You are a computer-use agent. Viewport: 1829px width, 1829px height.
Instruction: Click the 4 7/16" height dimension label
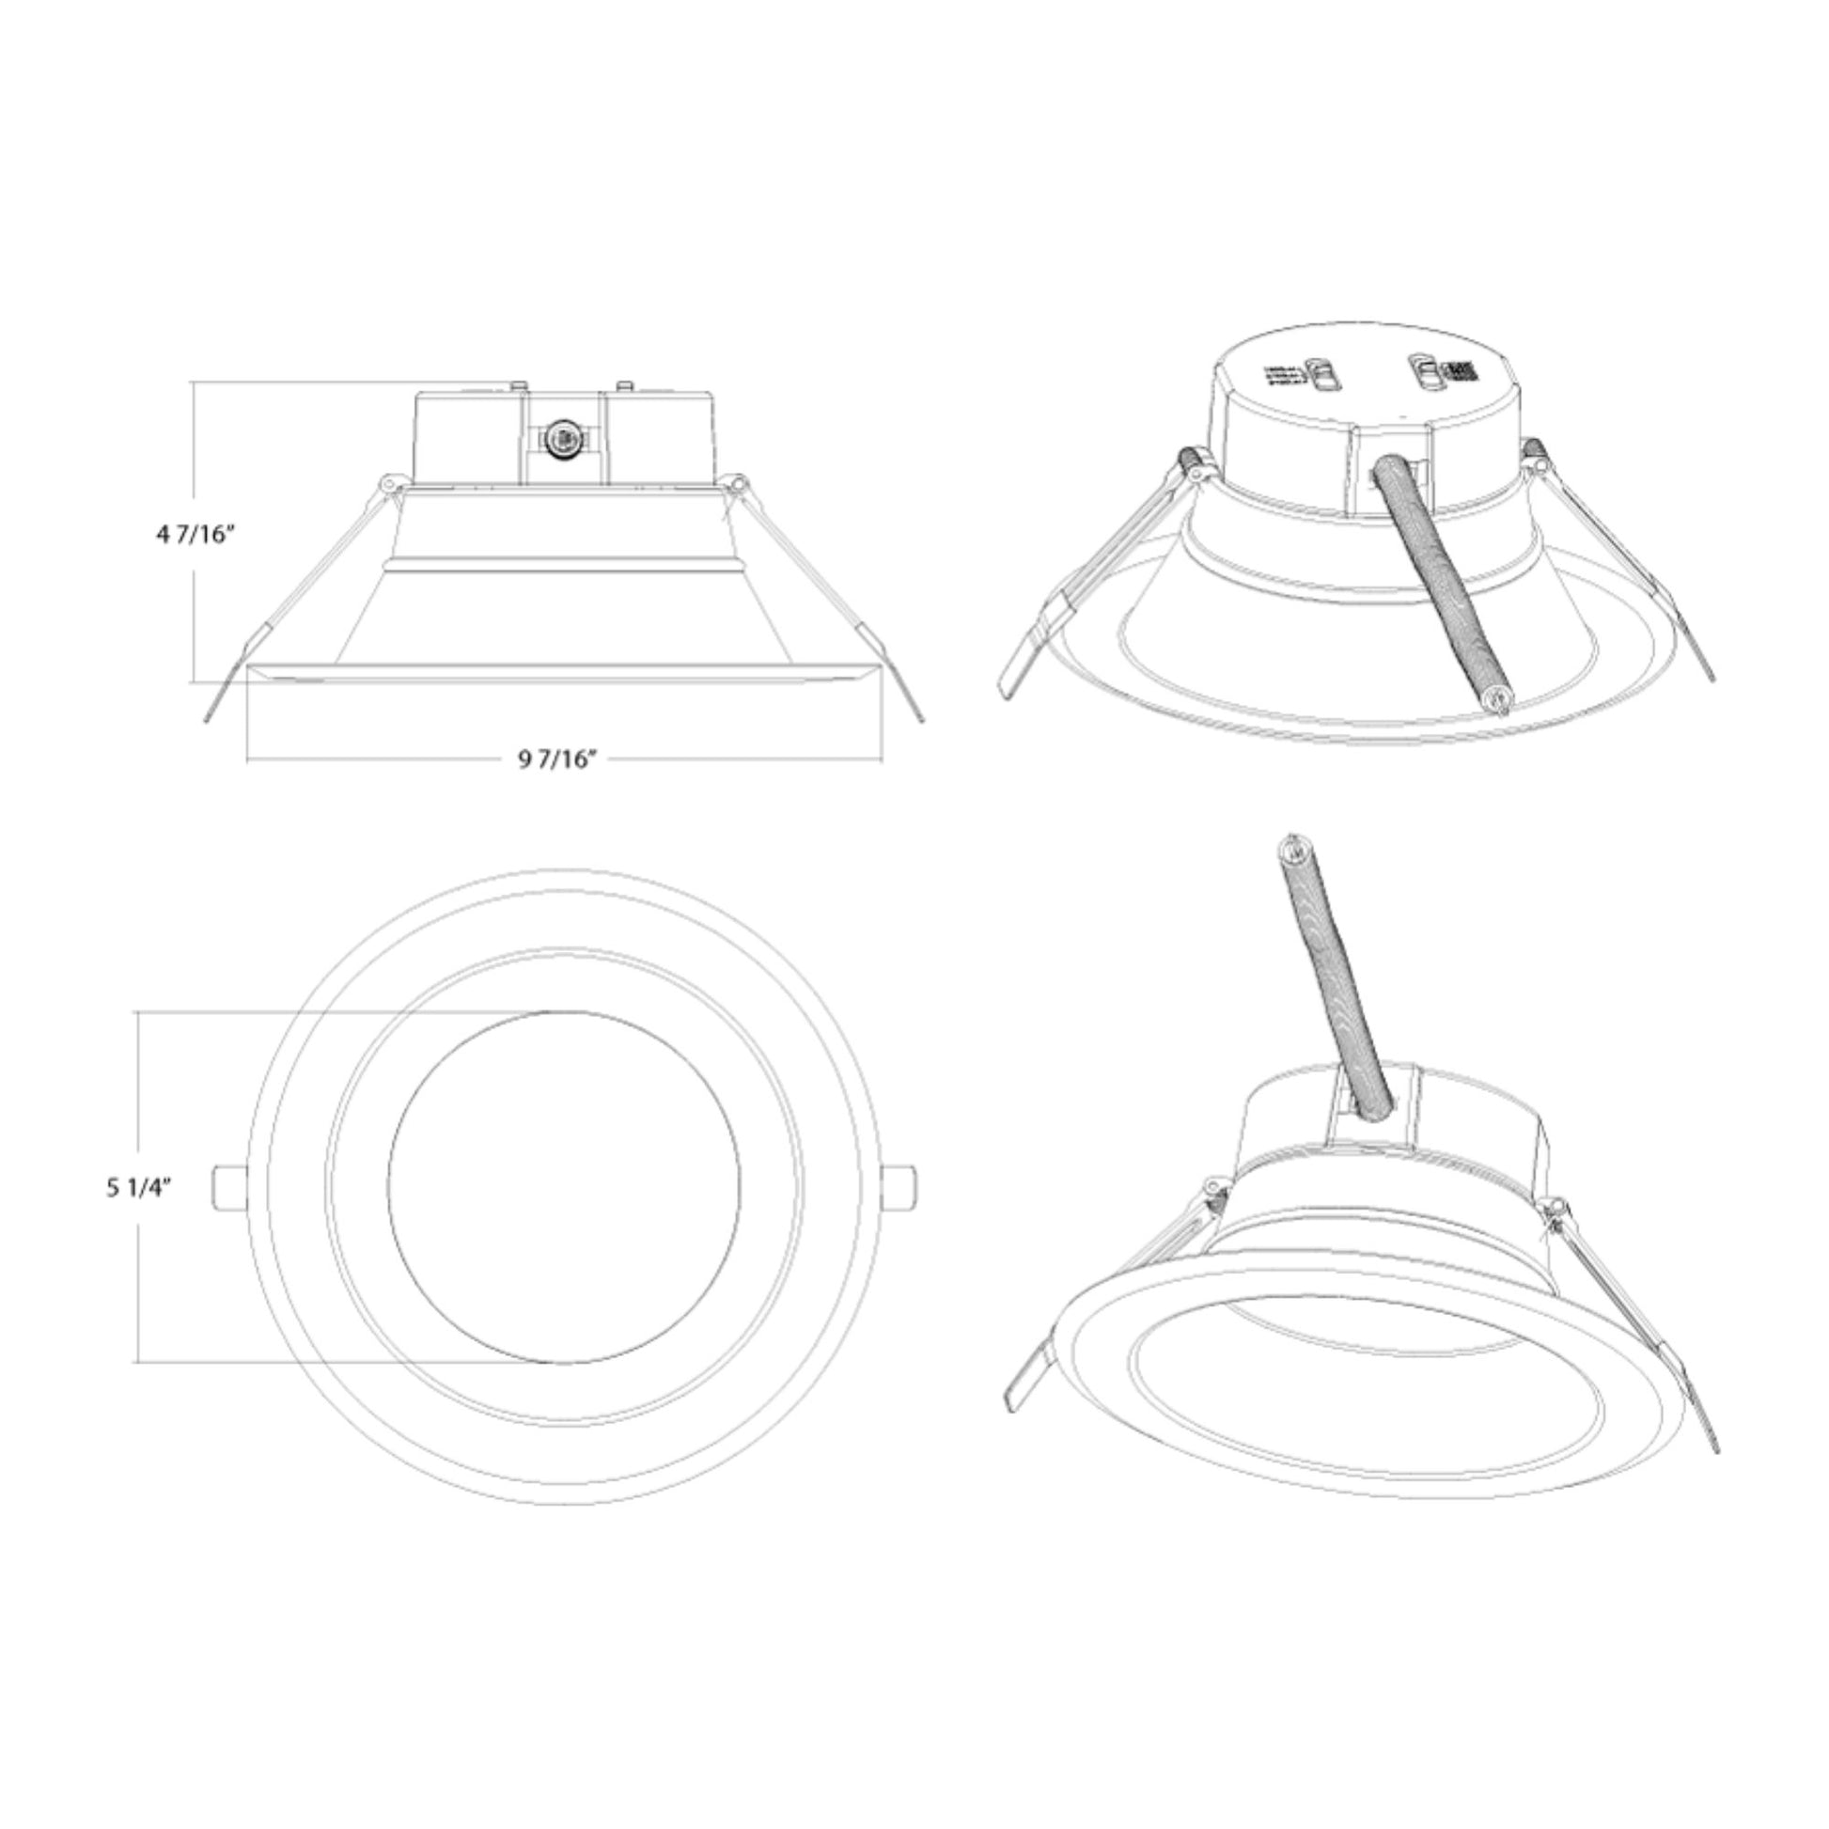195,535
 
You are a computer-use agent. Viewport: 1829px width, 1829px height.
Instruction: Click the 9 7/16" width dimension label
556,758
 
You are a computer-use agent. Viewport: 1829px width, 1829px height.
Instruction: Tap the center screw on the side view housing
560,438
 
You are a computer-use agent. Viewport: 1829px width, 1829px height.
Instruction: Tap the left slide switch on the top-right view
1321,373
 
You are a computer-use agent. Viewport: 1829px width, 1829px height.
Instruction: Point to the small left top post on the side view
518,385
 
